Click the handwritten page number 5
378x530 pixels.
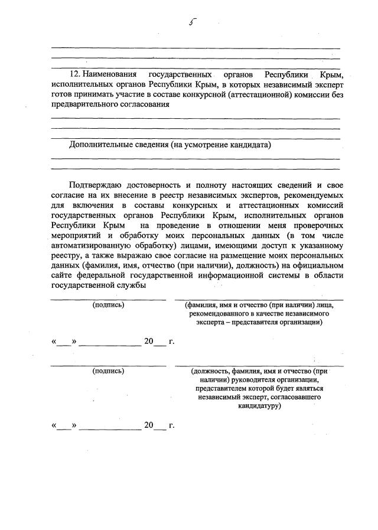point(191,23)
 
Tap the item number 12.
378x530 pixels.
point(75,76)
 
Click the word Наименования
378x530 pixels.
point(110,76)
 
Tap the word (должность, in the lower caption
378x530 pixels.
point(208,371)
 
